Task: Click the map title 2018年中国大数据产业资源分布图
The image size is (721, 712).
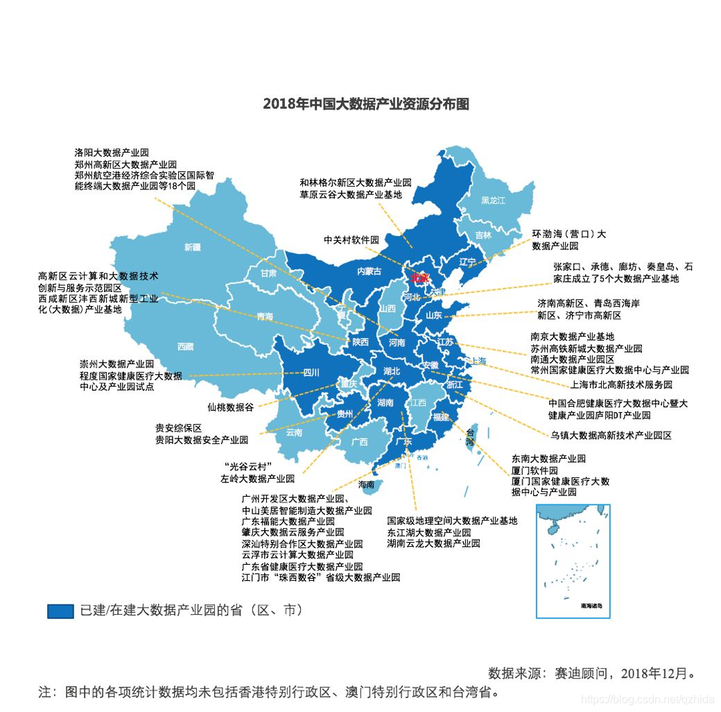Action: pyautogui.click(x=366, y=104)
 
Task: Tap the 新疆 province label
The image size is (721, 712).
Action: pyautogui.click(x=192, y=247)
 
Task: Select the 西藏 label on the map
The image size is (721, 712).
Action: pyautogui.click(x=185, y=346)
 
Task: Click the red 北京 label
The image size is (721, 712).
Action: pyautogui.click(x=419, y=278)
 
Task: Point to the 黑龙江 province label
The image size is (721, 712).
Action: pyautogui.click(x=493, y=201)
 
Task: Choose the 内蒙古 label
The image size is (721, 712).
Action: pyautogui.click(x=369, y=271)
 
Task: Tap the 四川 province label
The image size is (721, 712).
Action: pyautogui.click(x=311, y=373)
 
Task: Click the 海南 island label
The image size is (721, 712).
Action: pyautogui.click(x=366, y=484)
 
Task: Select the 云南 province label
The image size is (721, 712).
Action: pyautogui.click(x=294, y=432)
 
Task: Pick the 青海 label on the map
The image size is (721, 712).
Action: pyautogui.click(x=265, y=316)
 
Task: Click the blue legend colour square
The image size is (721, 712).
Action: pyautogui.click(x=60, y=611)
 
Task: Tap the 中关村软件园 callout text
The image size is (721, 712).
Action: pyautogui.click(x=351, y=240)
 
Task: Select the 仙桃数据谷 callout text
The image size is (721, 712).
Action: pyautogui.click(x=230, y=407)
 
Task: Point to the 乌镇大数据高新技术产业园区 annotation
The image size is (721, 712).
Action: pyautogui.click(x=611, y=436)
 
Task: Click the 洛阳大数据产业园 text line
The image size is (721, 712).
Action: pyautogui.click(x=112, y=152)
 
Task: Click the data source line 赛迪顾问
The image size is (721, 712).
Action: pyautogui.click(x=591, y=673)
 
